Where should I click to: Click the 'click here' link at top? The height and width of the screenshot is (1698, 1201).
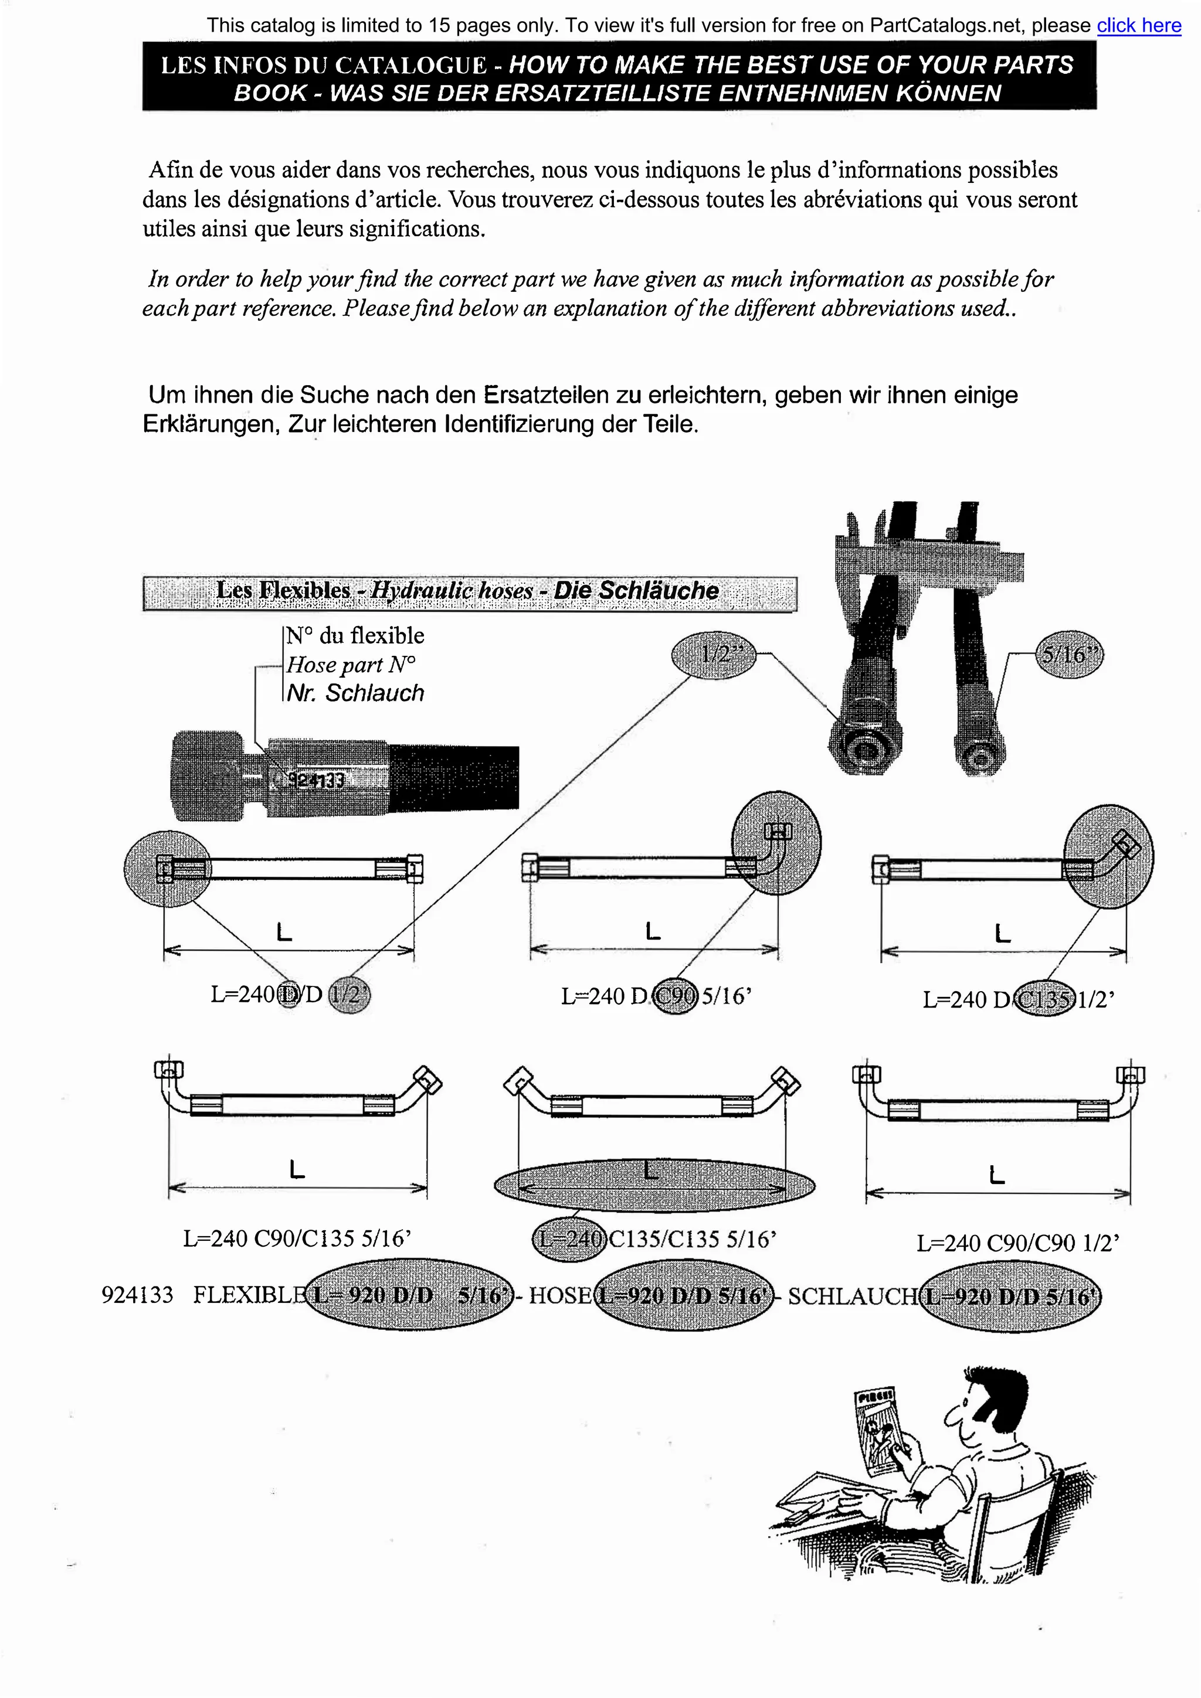[x=1138, y=26]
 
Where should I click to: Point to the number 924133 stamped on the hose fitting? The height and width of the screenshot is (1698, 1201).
[x=316, y=780]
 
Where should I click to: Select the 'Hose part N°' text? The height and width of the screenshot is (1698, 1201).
[x=351, y=665]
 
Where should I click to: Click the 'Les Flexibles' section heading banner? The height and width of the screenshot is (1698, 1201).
[x=469, y=591]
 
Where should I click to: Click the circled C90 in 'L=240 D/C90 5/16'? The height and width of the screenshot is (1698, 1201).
[x=676, y=997]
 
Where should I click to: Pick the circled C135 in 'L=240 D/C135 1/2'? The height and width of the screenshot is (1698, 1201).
[x=1044, y=1000]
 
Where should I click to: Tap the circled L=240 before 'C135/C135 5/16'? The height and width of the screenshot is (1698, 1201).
[x=568, y=1238]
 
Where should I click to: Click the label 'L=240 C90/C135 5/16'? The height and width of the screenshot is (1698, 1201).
[x=297, y=1238]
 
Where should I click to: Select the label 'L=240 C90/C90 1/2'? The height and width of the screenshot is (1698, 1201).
[x=1017, y=1243]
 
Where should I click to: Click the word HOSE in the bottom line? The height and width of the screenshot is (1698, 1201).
[x=560, y=1296]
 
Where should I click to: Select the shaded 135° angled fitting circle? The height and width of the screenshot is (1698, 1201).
[x=1108, y=856]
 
